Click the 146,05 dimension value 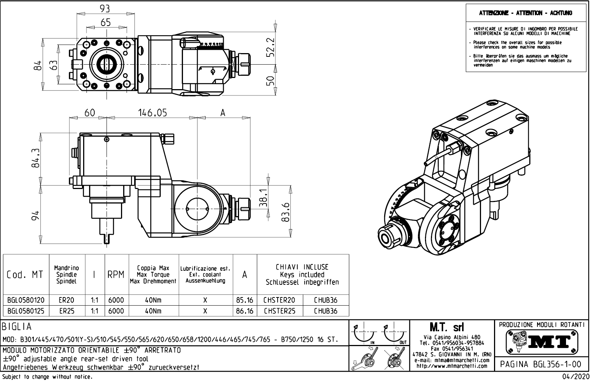click(153, 113)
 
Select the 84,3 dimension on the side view click(35, 158)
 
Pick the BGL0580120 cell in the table click(26, 300)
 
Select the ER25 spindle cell click(67, 311)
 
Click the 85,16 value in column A click(245, 300)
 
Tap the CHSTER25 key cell click(279, 311)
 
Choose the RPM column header click(116, 275)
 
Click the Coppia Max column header click(153, 268)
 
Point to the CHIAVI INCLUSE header click(302, 267)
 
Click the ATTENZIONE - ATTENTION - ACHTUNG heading click(525, 13)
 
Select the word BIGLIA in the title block click(17, 327)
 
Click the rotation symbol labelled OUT click(395, 335)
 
